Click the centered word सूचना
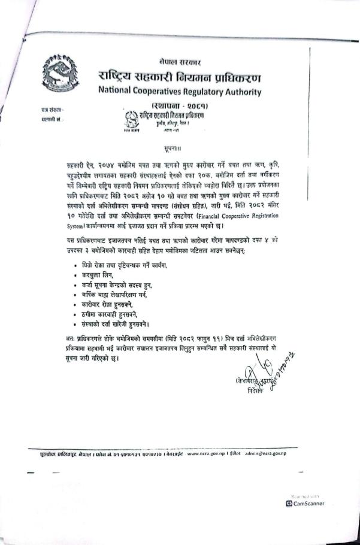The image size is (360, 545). pos(180,146)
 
